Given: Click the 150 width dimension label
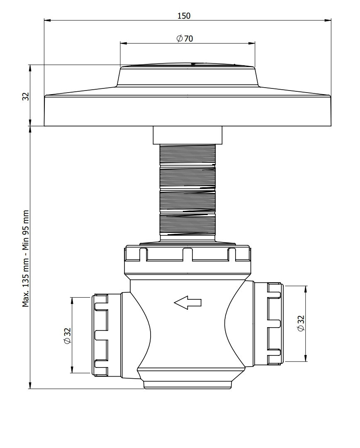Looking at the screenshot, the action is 184,16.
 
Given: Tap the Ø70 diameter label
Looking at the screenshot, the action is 185,38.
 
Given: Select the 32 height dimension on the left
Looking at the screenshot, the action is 26,96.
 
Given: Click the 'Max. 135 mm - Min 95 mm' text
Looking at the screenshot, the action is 26,259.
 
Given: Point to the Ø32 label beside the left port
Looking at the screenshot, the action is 67,335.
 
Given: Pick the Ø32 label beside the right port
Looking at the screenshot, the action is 301,323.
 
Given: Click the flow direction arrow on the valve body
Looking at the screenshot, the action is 187,302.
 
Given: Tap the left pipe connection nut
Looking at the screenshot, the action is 100,335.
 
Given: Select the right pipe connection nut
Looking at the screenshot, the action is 275,323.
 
